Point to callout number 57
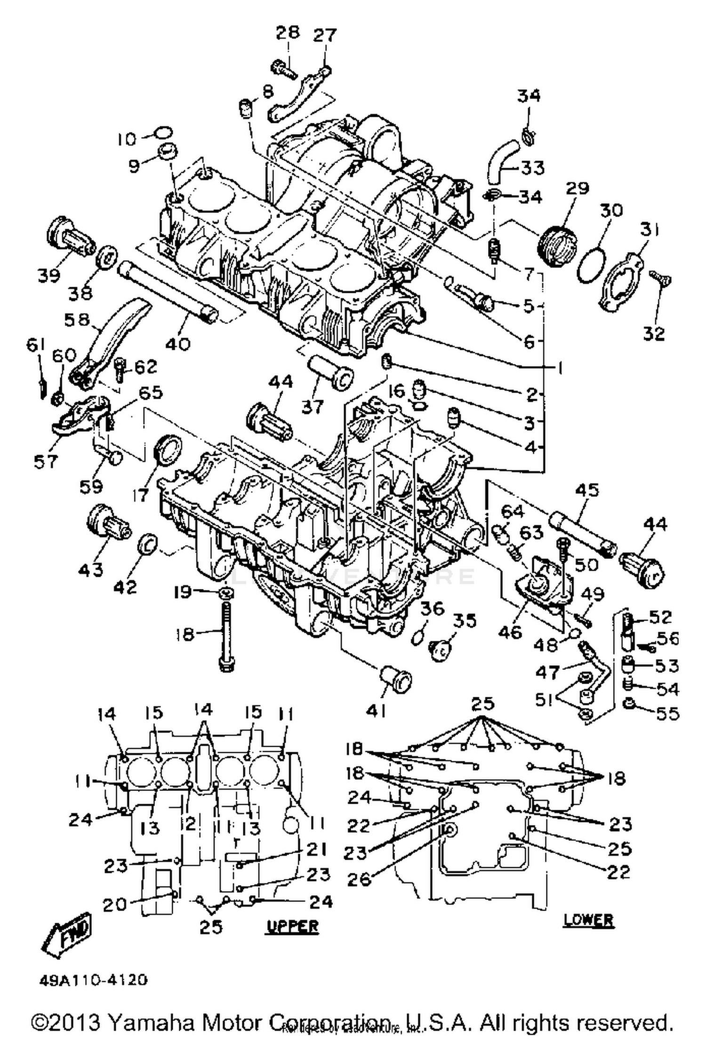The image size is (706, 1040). [x=46, y=461]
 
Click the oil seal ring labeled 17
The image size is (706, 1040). [x=168, y=450]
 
